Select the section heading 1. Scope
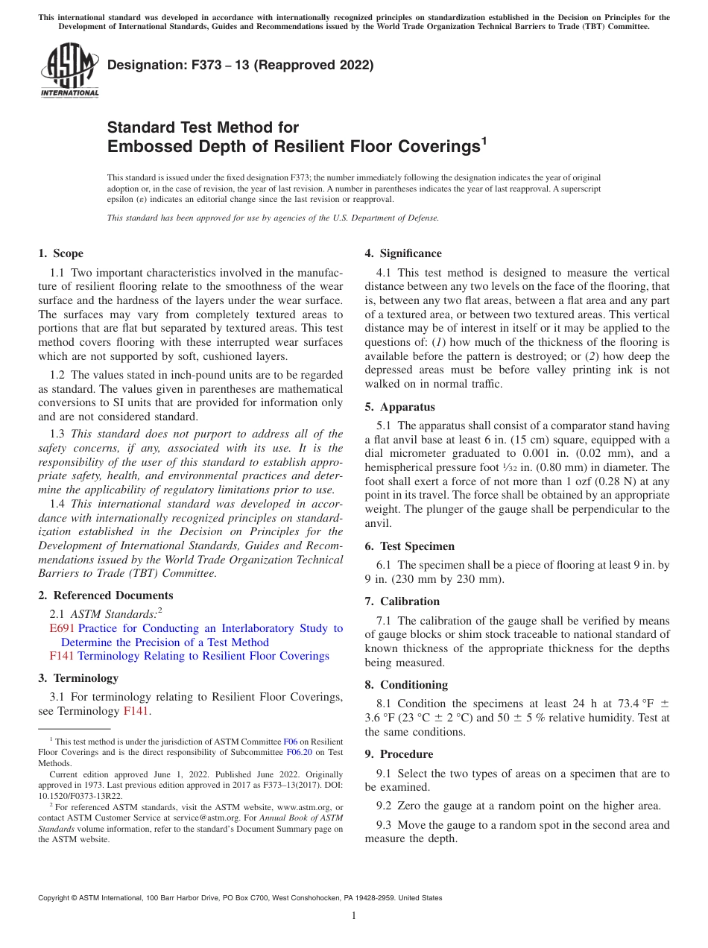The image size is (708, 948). click(60, 253)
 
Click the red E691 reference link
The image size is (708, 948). click(62, 628)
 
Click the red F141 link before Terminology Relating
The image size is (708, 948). click(62, 656)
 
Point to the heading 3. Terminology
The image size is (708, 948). click(78, 678)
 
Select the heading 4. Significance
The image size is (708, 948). click(402, 253)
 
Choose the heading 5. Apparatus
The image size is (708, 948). click(399, 407)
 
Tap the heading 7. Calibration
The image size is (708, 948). click(402, 601)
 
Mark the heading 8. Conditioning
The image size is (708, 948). click(406, 684)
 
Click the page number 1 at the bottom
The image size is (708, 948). click(354, 915)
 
